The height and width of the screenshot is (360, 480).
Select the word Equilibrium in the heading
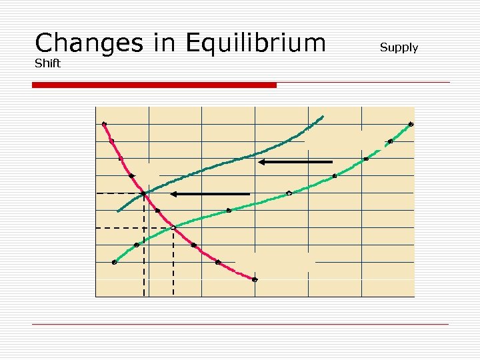(256, 44)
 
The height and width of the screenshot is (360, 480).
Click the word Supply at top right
(399, 47)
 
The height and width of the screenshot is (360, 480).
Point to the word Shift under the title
(47, 64)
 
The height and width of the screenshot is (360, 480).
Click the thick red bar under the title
(155, 85)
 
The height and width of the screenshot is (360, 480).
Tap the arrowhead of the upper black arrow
(262, 162)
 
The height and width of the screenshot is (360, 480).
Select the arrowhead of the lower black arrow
(173, 194)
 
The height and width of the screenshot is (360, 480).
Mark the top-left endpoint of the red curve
(104, 123)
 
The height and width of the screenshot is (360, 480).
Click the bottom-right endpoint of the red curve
(255, 279)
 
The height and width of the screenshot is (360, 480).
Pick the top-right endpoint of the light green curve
(411, 124)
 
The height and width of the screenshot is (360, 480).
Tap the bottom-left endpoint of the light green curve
(114, 263)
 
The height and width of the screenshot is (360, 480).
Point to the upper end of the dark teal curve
(323, 117)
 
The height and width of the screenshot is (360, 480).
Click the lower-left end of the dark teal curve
(118, 211)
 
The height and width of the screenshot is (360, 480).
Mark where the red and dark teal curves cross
(143, 194)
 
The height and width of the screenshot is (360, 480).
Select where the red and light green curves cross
(173, 228)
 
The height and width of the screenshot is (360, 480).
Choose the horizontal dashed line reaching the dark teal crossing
(119, 193)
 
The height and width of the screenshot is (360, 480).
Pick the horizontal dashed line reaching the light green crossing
(133, 228)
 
